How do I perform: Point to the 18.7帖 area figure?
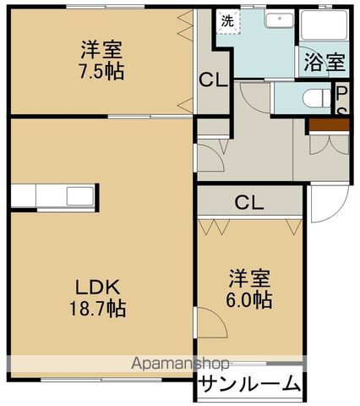pyautogui.click(x=99, y=309)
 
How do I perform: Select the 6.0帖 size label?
pyautogui.click(x=250, y=299)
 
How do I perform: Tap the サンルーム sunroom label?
pyautogui.click(x=249, y=384)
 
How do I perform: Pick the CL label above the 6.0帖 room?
pyautogui.click(x=248, y=203)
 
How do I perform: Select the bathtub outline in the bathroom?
pyautogui.click(x=323, y=25)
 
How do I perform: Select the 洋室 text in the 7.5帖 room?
pyautogui.click(x=103, y=49)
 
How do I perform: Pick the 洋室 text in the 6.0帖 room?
pyautogui.click(x=250, y=278)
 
